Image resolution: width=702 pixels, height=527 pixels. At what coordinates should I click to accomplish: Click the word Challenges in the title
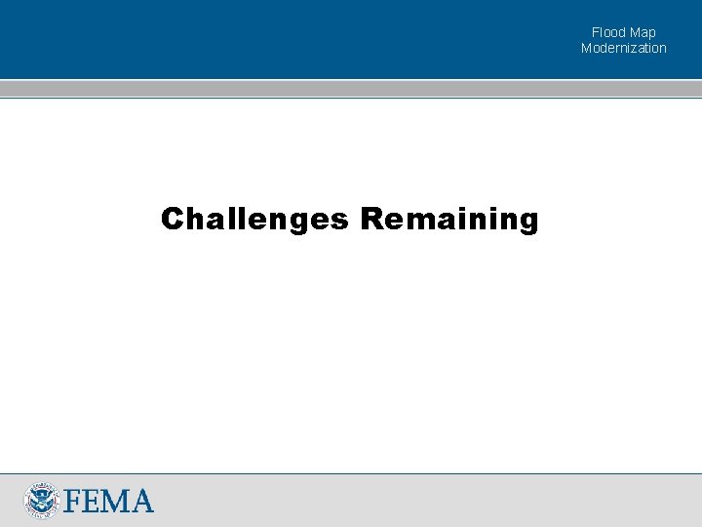click(254, 220)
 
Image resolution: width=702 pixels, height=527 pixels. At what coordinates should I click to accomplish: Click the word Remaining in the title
click(448, 220)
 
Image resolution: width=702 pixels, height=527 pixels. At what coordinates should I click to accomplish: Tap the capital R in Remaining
click(371, 219)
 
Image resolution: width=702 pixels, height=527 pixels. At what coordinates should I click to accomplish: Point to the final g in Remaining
click(527, 222)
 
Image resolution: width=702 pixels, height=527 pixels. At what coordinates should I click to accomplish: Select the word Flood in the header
click(608, 32)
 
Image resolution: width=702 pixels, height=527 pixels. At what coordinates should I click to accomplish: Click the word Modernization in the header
click(624, 48)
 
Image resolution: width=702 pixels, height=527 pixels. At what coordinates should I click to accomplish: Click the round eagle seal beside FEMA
click(42, 500)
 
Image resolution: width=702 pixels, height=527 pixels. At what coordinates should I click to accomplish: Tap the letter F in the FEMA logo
click(71, 501)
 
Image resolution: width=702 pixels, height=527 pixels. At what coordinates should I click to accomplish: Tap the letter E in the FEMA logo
click(91, 501)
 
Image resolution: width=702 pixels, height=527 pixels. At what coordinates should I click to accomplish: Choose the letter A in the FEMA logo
click(141, 501)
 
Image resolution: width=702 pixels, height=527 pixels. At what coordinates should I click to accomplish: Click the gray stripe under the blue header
click(351, 88)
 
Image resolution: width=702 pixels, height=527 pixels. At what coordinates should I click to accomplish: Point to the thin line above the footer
click(351, 474)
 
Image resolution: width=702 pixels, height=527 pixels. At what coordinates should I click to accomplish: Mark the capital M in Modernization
click(587, 48)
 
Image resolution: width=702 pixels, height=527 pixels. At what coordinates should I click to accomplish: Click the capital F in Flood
click(595, 32)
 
